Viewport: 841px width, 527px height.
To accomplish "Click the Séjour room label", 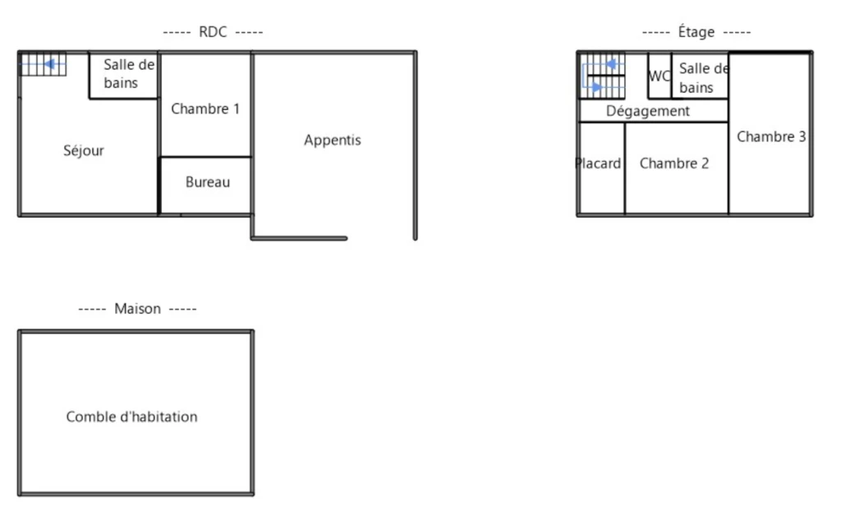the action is tap(84, 151).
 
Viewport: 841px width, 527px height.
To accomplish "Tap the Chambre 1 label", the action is tap(205, 109).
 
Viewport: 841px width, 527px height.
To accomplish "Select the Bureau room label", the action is tap(208, 182).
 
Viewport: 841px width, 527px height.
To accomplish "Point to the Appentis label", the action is tap(333, 140).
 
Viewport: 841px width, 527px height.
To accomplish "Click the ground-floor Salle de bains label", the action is tap(129, 73).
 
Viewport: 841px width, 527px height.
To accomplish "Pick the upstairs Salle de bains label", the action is tap(704, 78).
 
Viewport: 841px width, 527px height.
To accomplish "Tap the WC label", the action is tap(659, 76).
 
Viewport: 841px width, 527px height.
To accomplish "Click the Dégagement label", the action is tap(648, 111).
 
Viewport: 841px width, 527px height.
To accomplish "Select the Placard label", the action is tap(598, 163).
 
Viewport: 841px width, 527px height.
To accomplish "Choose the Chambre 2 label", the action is tap(674, 163).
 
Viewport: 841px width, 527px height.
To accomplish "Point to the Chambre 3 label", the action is tap(771, 137).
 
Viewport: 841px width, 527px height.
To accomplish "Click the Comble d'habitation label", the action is tap(132, 416).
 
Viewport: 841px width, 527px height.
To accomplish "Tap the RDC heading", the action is tap(213, 32).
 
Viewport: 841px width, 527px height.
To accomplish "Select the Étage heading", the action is tap(696, 32).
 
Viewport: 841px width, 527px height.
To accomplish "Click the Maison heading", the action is tap(137, 309).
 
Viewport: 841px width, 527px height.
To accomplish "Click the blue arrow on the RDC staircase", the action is tap(43, 64).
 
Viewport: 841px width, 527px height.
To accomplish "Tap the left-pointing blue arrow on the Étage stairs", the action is tap(604, 65).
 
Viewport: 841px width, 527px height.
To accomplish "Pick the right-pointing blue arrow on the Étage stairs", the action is tap(604, 87).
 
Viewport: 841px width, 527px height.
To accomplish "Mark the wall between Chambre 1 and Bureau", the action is tap(206, 157).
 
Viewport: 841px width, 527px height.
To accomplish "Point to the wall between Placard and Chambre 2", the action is tap(625, 168).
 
